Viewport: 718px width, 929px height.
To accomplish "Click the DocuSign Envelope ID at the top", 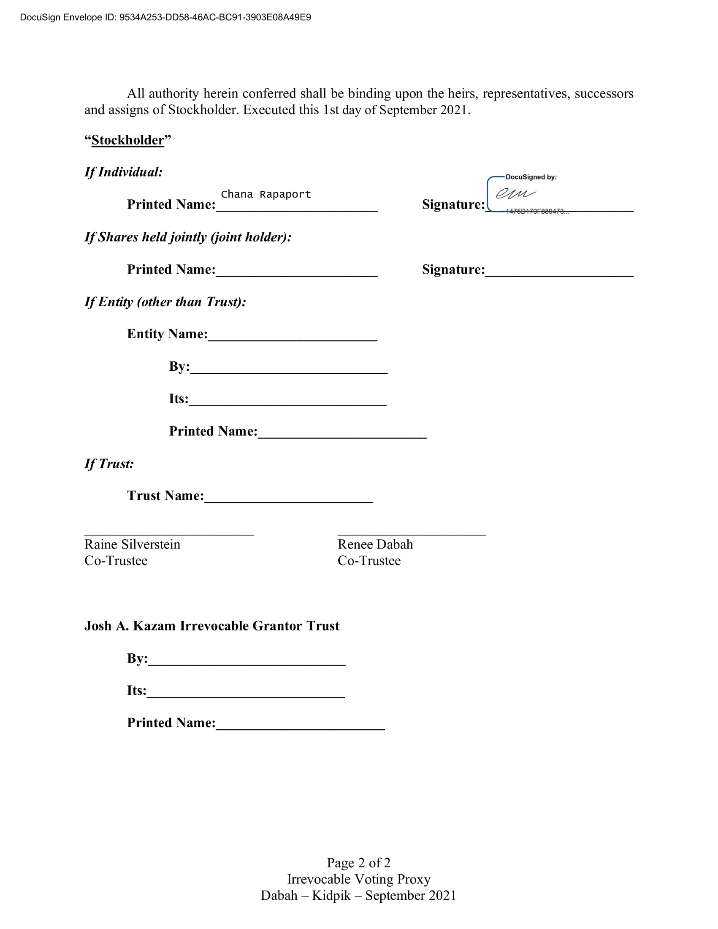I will click(x=165, y=17).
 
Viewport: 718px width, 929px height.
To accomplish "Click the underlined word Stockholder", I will click(x=127, y=140).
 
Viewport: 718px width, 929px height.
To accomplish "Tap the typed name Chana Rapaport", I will click(x=266, y=194).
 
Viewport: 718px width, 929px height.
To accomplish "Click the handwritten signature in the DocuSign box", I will click(x=516, y=193).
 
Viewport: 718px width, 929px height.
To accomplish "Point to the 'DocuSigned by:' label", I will click(x=531, y=177).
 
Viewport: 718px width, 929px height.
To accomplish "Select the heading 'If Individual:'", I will click(x=123, y=172).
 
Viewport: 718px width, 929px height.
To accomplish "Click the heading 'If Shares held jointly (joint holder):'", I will click(x=188, y=237).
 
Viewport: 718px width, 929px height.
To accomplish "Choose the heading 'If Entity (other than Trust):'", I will click(x=165, y=302).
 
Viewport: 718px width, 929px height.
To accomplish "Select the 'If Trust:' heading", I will click(x=109, y=464).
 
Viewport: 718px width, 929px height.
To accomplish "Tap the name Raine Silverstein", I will click(x=132, y=544).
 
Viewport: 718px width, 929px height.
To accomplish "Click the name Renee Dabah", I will click(x=375, y=544).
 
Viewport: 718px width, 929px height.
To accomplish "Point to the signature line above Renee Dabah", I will click(x=411, y=533).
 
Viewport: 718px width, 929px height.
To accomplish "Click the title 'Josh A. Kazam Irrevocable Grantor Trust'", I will click(x=212, y=626).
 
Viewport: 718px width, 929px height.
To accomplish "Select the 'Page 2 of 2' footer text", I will click(x=358, y=863).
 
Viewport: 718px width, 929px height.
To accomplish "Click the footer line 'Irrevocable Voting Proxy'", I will click(x=358, y=879).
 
